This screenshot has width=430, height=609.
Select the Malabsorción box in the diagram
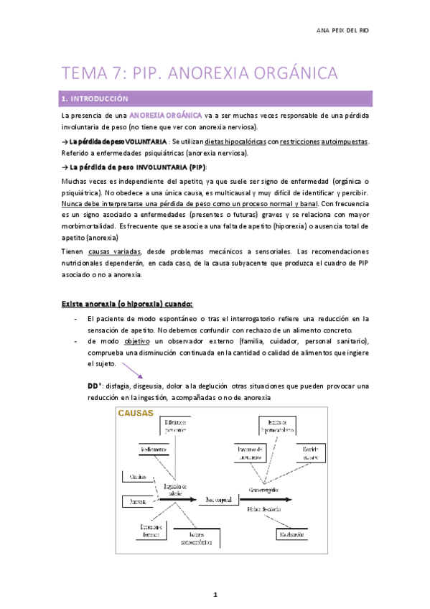tap(293, 534)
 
